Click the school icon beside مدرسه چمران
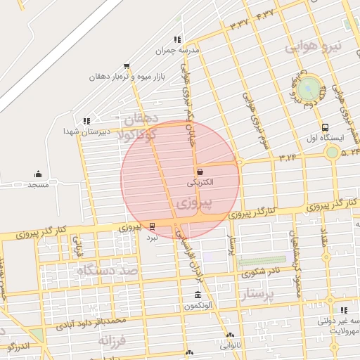[x=177, y=40]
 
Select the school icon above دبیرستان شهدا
[x=86, y=121]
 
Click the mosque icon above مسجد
[x=38, y=174]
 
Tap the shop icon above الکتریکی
[x=200, y=171]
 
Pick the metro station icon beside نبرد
[x=153, y=226]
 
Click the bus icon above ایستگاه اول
[x=324, y=128]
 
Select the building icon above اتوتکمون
[x=198, y=295]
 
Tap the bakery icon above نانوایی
[x=230, y=335]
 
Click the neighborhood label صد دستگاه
[x=105, y=270]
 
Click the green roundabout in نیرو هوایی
[x=308, y=89]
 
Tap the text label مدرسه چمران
[x=188, y=51]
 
